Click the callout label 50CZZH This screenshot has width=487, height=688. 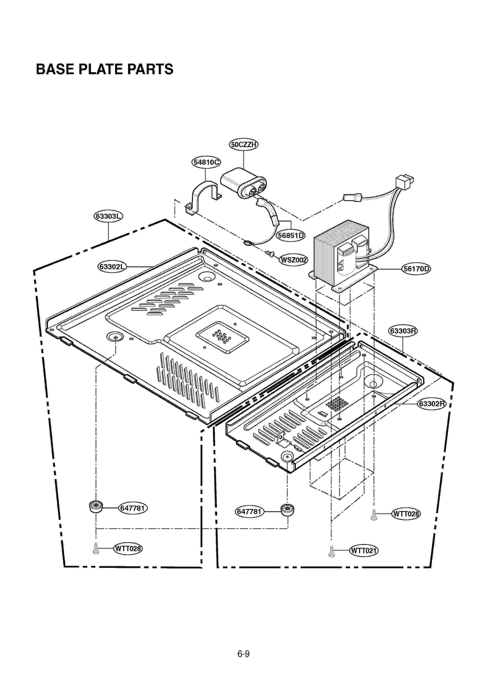243,144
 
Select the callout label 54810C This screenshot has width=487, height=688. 206,162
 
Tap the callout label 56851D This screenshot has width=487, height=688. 291,235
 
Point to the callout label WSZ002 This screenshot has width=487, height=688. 293,260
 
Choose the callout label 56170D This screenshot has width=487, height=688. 416,269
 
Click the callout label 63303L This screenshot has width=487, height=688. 108,216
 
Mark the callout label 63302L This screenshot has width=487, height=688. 112,267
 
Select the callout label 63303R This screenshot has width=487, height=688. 403,331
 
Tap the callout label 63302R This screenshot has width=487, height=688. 432,404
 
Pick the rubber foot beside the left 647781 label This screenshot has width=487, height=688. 96,507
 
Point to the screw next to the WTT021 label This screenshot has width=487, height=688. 331,551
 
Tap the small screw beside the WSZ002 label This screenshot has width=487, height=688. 270,253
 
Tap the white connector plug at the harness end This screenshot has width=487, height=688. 404,182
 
